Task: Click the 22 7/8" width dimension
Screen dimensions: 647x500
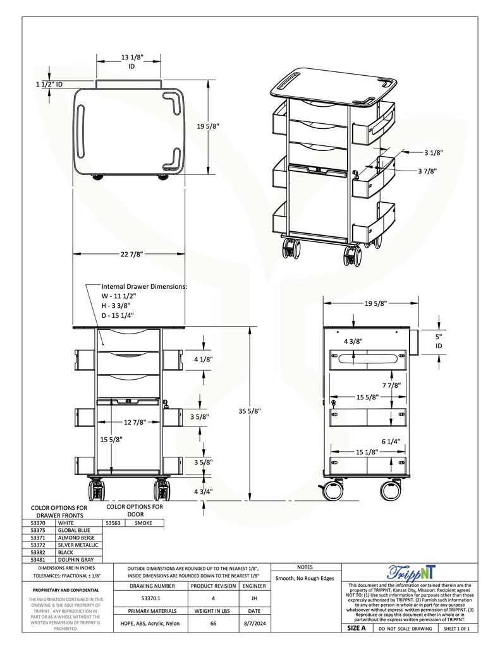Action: [x=132, y=254]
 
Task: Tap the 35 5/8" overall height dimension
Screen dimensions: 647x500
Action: [x=251, y=411]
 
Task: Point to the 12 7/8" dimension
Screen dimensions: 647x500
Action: [x=135, y=422]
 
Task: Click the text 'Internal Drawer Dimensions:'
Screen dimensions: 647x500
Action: [x=144, y=286]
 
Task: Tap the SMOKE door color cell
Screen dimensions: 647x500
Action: [x=142, y=523]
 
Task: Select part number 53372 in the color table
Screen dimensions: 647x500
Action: [x=39, y=545]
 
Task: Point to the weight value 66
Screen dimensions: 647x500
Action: [x=213, y=624]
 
